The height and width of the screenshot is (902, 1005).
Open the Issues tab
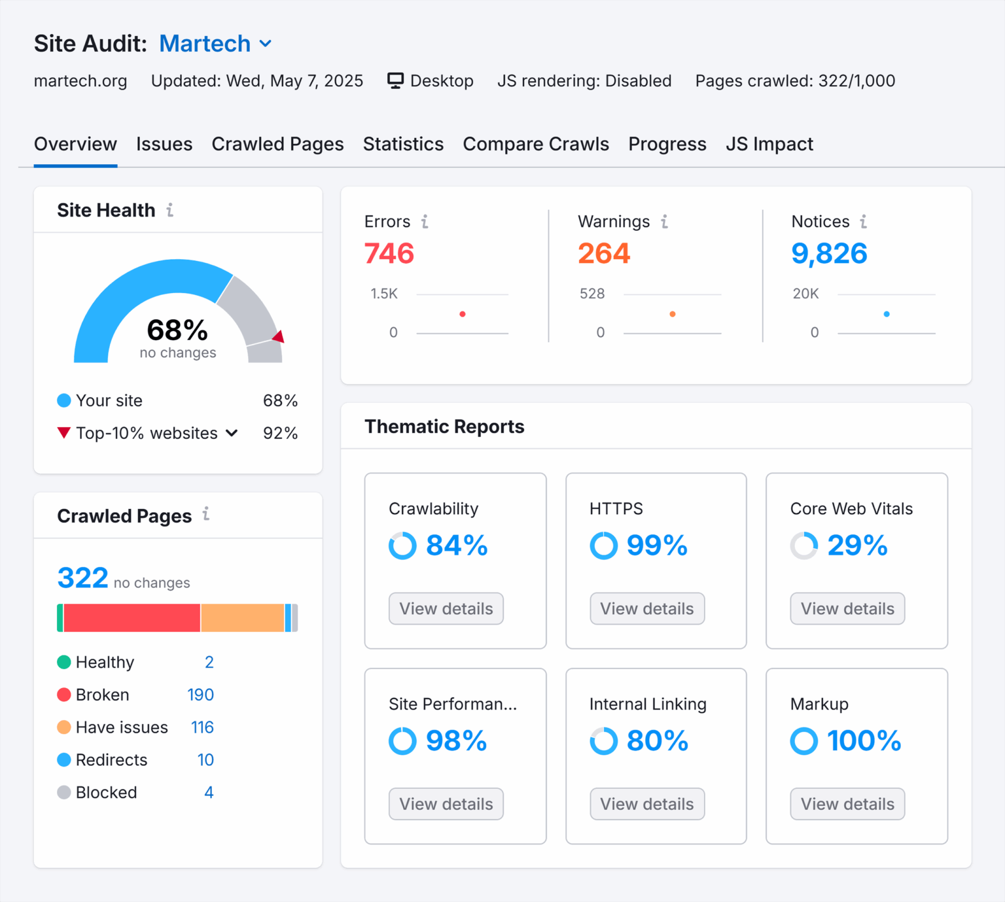click(x=164, y=144)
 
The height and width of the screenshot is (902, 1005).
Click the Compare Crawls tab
click(x=535, y=144)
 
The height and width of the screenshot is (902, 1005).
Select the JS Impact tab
click(x=769, y=144)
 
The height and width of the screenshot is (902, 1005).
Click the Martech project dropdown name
click(x=205, y=44)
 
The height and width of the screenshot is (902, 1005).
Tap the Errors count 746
click(x=389, y=254)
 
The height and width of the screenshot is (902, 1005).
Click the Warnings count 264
click(x=603, y=254)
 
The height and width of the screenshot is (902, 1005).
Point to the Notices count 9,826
click(x=829, y=254)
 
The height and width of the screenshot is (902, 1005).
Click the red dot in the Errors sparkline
click(x=463, y=314)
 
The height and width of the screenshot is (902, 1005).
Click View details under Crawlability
click(x=446, y=608)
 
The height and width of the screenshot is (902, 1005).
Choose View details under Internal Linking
click(x=646, y=804)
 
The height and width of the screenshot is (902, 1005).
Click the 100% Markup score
click(x=864, y=741)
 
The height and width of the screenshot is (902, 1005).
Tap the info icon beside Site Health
click(x=170, y=210)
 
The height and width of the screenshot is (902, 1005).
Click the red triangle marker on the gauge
click(x=279, y=337)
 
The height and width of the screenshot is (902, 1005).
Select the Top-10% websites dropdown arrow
click(x=232, y=433)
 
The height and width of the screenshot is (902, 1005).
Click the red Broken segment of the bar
click(x=132, y=618)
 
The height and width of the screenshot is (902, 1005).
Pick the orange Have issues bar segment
click(x=242, y=618)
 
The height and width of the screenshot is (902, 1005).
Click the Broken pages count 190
click(x=200, y=695)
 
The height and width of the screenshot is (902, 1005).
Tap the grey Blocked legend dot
click(x=64, y=793)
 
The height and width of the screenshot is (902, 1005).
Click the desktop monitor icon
click(x=395, y=80)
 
